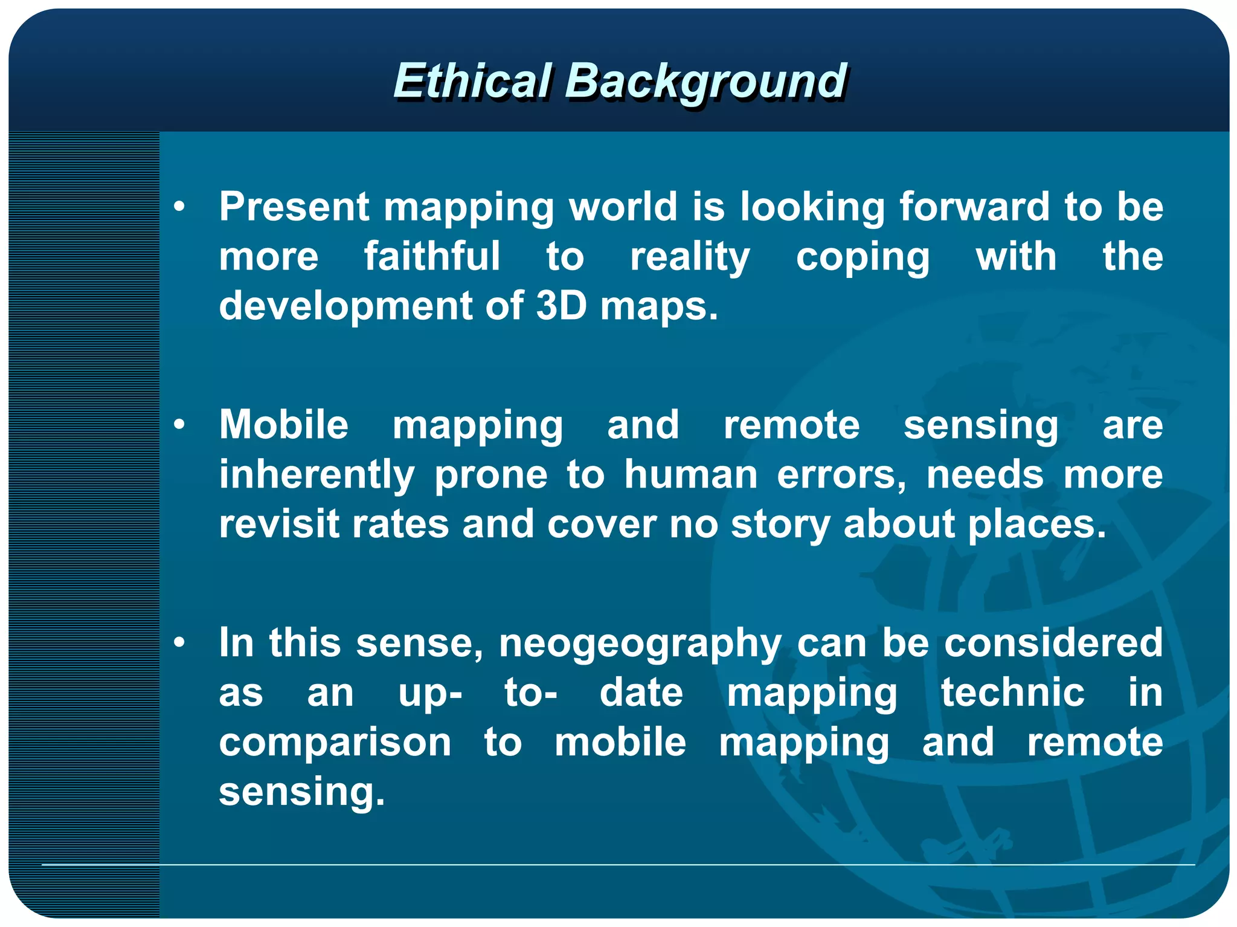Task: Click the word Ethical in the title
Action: [x=472, y=81]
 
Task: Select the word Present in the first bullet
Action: [x=294, y=207]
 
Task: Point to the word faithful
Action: [x=432, y=256]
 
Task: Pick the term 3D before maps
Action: [x=561, y=306]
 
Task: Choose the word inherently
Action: [x=317, y=475]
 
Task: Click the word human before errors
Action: [x=691, y=475]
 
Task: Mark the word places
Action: [x=1037, y=524]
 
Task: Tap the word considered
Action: [x=1053, y=642]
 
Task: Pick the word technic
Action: [x=1013, y=693]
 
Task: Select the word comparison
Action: [x=335, y=743]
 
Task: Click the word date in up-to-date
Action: [x=641, y=693]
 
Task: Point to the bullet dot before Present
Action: [x=179, y=207]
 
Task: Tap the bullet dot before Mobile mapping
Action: [x=179, y=425]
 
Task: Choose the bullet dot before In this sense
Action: [x=179, y=643]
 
